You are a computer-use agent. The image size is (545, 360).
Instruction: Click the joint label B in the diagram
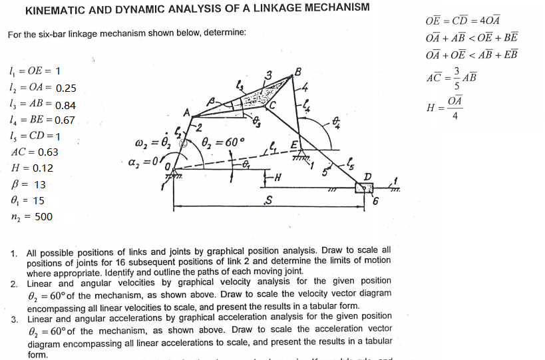point(298,71)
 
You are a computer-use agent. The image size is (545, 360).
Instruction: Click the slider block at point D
point(364,189)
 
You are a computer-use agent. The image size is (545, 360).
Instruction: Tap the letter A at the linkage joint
point(187,110)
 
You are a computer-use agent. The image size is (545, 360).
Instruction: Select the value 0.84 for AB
point(66,105)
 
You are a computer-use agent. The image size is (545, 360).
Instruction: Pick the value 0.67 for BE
point(65,120)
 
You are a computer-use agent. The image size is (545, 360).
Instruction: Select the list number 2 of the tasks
point(14,284)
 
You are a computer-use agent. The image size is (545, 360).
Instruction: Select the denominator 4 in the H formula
point(455,117)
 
